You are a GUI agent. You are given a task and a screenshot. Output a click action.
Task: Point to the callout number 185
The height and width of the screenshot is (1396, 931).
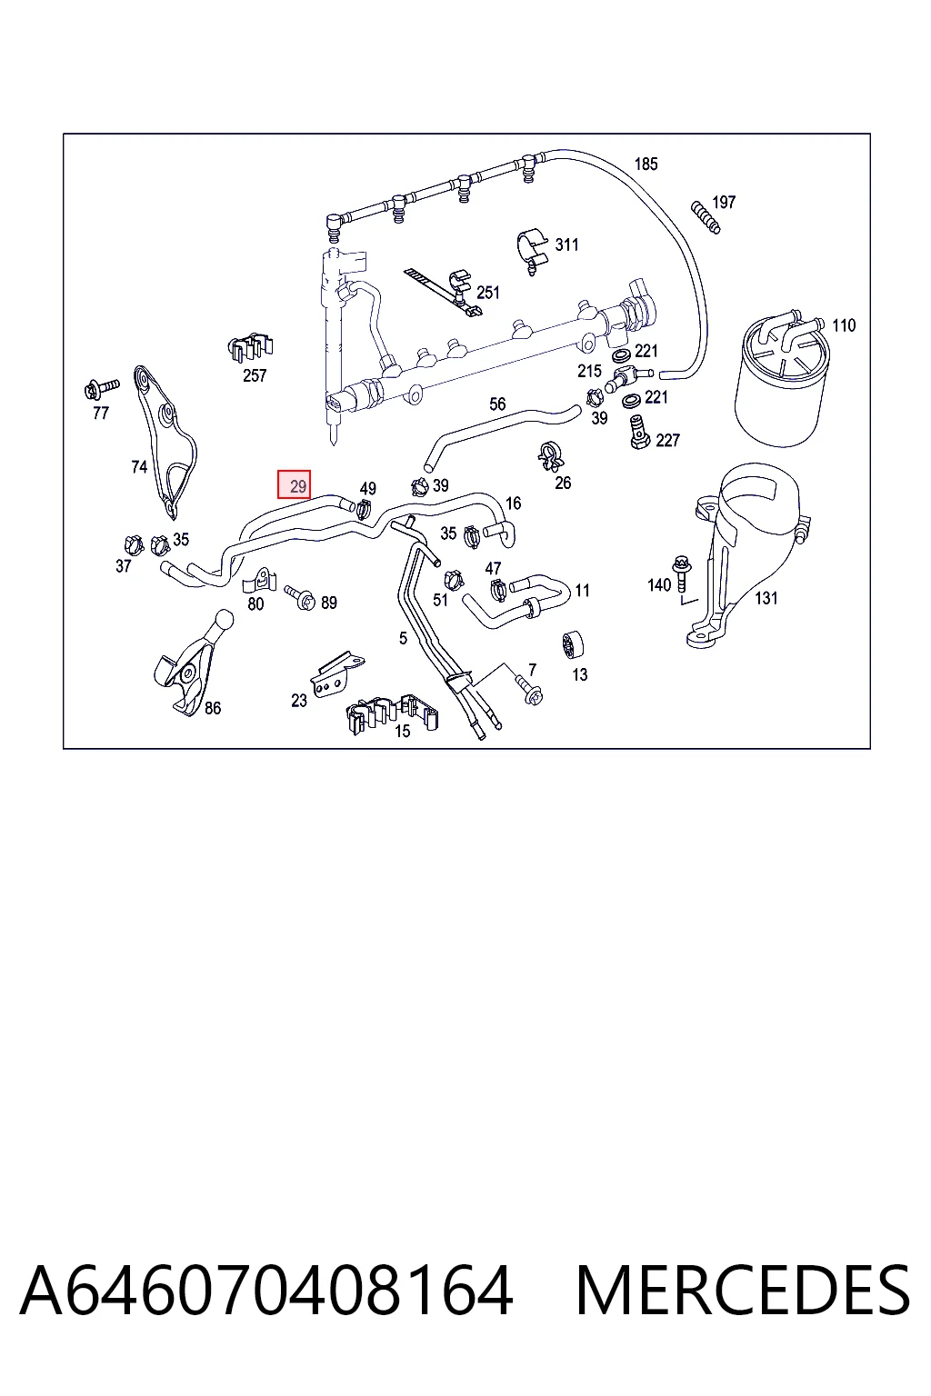coord(646,164)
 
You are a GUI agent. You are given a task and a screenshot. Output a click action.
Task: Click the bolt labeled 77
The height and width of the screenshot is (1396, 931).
coord(101,389)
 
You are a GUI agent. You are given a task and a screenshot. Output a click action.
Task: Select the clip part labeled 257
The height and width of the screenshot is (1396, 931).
coord(251,346)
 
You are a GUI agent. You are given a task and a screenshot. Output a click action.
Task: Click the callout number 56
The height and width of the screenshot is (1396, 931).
coord(497,404)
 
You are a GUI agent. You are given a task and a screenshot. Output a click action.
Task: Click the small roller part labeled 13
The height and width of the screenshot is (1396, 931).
coord(572,644)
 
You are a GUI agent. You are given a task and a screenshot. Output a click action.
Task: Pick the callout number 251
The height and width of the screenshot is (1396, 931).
coord(488,293)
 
